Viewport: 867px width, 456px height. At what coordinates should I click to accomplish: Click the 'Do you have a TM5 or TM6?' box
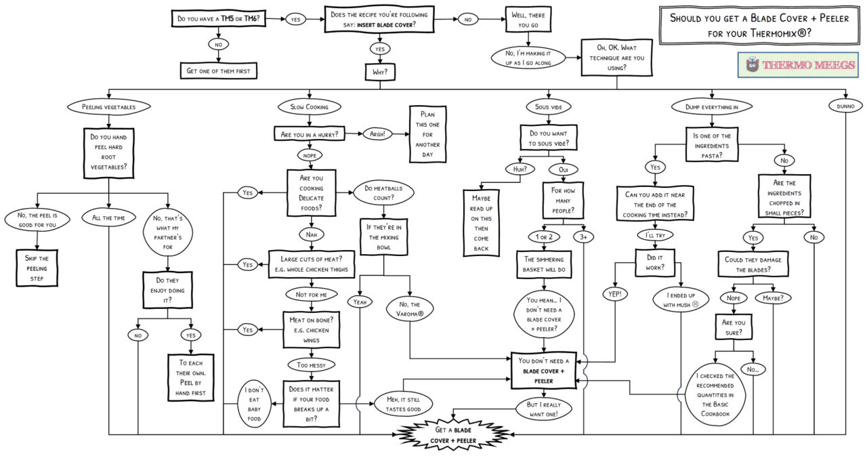(219, 18)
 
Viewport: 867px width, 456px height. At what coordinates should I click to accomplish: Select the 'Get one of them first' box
(218, 71)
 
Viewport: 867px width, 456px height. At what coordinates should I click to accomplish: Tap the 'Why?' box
(380, 72)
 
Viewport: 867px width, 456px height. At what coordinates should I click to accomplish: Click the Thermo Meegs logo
(798, 65)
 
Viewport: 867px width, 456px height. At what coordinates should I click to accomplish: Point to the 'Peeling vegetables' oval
(109, 107)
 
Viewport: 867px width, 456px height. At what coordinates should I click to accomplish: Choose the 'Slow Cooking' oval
(310, 107)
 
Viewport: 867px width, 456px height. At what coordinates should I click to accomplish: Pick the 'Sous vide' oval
(549, 107)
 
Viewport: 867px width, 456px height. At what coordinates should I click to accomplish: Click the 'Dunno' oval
(845, 106)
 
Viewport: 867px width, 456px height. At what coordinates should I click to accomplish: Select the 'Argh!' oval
(377, 134)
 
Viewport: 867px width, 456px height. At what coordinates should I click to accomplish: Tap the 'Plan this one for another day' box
(427, 134)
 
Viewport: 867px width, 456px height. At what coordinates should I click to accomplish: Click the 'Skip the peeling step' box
(37, 268)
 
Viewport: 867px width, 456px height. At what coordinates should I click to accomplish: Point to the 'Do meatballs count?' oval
(383, 193)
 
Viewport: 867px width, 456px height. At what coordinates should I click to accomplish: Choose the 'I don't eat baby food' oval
(254, 404)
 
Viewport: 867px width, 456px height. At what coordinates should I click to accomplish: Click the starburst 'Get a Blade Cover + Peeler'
(453, 435)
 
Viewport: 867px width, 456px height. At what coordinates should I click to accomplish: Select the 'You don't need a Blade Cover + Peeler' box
(544, 371)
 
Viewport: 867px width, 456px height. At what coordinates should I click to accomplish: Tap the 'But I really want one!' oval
(544, 409)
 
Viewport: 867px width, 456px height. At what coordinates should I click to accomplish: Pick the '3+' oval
(584, 237)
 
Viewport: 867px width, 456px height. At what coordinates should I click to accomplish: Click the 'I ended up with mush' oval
(681, 300)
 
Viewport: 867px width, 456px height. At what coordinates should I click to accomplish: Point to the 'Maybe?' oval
(774, 297)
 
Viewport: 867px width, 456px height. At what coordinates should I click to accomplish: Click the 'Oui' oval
(563, 169)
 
